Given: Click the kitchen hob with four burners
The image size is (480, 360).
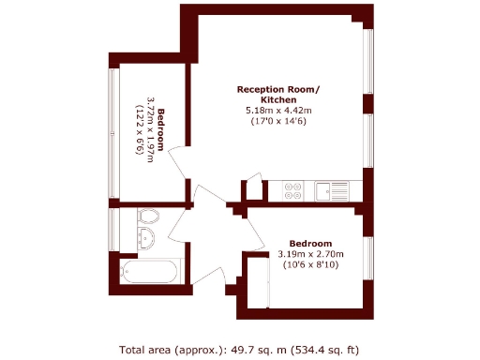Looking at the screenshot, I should [x=292, y=190].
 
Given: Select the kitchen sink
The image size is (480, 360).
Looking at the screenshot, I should [x=333, y=190].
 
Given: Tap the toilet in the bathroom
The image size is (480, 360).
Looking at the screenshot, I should [x=147, y=233].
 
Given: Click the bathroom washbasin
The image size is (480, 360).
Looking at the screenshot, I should [x=146, y=215].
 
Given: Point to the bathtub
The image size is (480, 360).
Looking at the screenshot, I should [x=150, y=273].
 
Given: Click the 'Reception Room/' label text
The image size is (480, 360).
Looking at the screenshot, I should [x=278, y=89].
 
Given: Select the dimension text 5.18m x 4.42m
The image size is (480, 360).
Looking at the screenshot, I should [x=278, y=111].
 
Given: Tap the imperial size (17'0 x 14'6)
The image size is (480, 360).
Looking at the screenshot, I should [x=278, y=122].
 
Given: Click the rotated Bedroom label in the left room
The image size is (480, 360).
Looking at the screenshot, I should [x=161, y=129].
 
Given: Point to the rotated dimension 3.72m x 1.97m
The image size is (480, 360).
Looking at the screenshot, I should [x=150, y=129].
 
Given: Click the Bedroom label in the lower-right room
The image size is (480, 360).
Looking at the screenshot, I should [x=310, y=243].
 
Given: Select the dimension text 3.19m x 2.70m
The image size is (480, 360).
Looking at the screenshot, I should [x=310, y=254].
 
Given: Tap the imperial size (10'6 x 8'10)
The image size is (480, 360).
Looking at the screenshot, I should [x=310, y=265].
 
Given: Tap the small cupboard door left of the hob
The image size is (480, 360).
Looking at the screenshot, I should [x=255, y=191].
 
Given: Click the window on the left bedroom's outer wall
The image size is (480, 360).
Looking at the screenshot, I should [x=112, y=131].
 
